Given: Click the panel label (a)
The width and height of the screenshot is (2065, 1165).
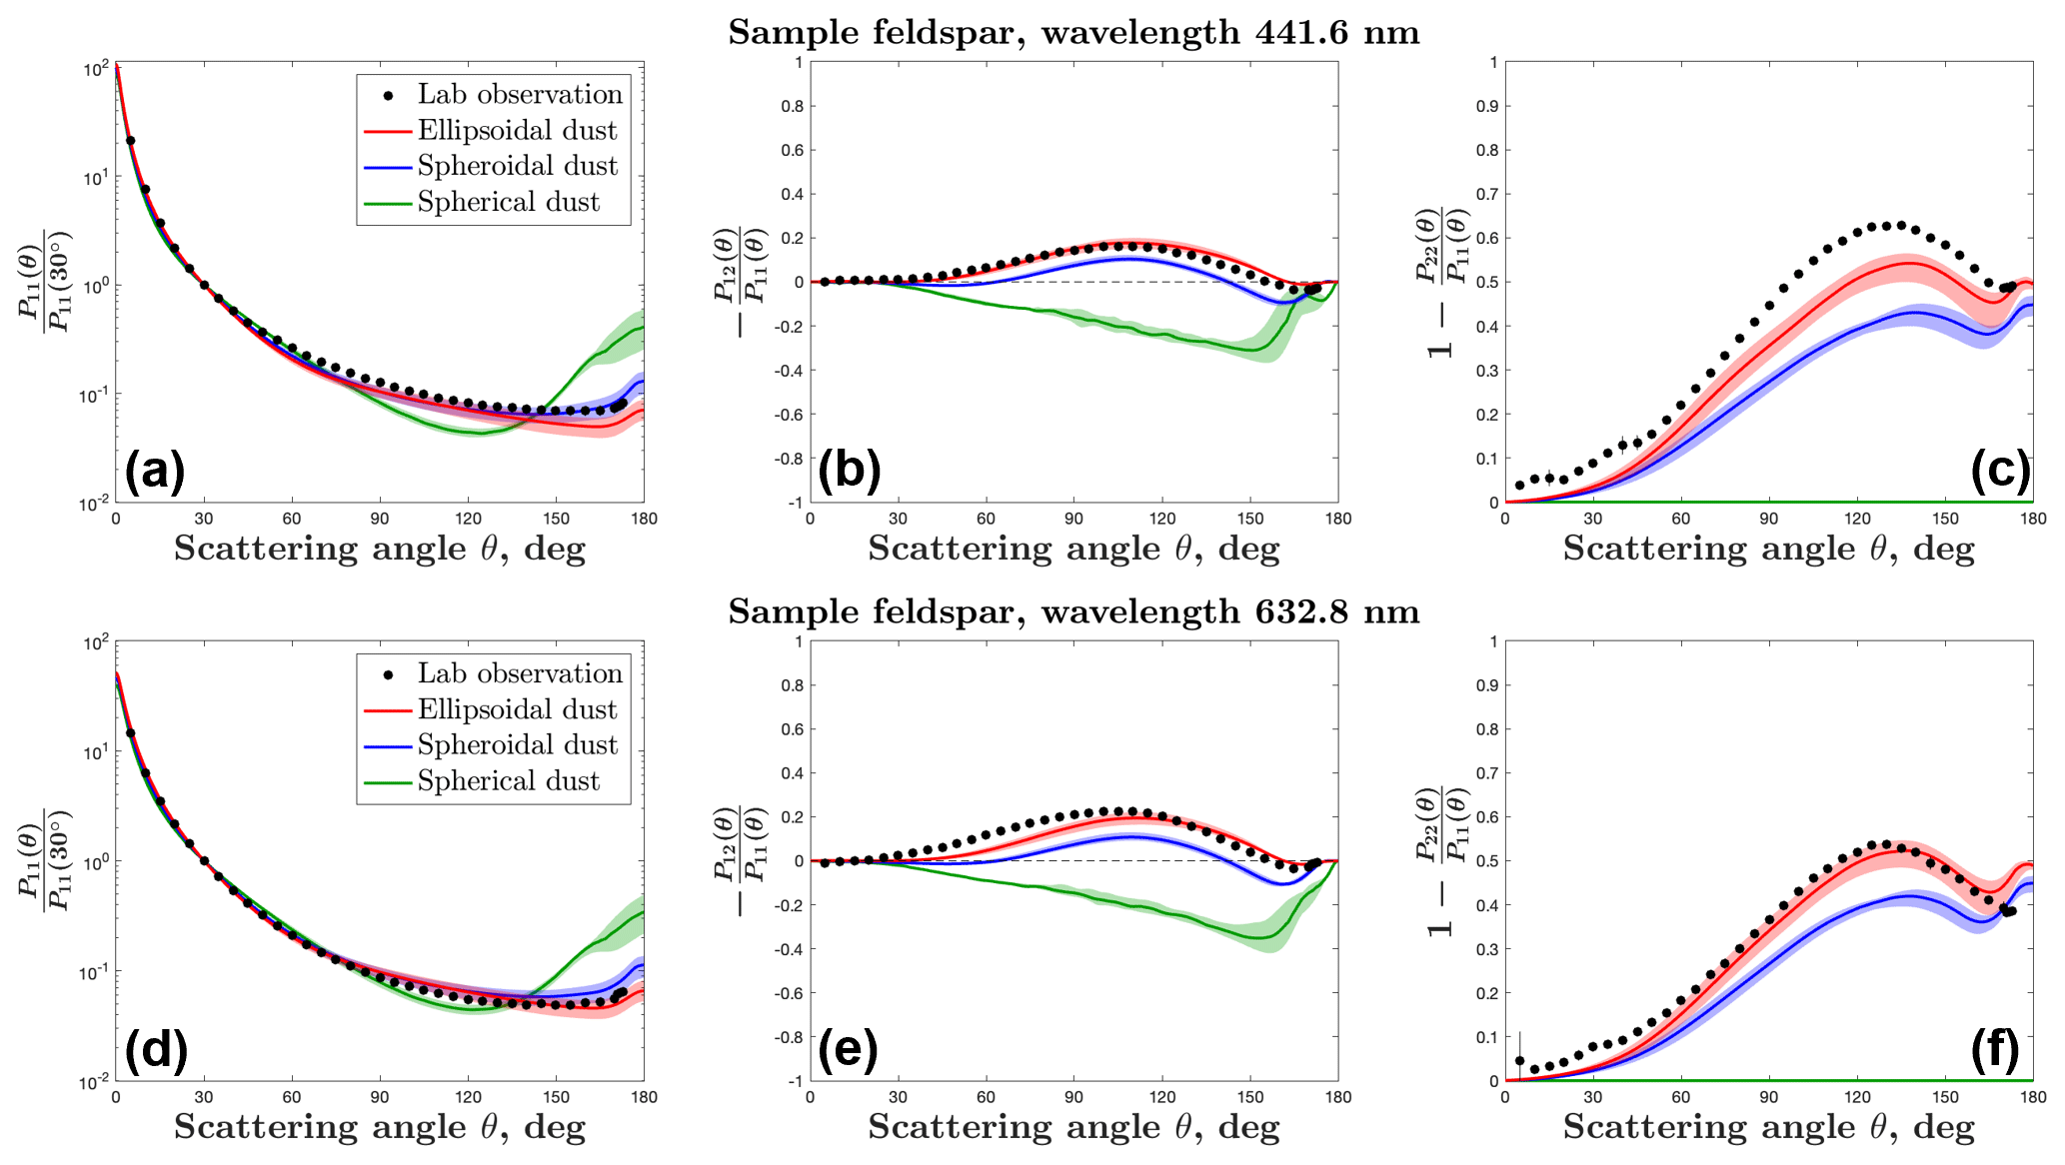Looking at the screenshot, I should tap(155, 471).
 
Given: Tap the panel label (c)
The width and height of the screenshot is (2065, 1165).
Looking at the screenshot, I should tap(2000, 471).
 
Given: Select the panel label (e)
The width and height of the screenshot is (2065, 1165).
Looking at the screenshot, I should tap(849, 1049).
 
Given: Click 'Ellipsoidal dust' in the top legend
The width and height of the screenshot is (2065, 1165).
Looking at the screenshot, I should tap(517, 130).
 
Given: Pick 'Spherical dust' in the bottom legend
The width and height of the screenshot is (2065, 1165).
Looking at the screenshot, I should tap(508, 780).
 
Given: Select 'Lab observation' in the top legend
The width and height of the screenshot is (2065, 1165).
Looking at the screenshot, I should tap(520, 94).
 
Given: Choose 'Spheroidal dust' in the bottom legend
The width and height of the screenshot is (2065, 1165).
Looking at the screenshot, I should tap(517, 744).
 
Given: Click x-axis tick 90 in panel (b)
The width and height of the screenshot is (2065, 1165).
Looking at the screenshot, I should tap(1073, 519).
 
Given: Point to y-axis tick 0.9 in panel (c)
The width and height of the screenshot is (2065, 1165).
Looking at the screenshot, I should tap(1487, 106).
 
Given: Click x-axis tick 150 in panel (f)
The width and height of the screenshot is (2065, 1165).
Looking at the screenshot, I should tap(1945, 1097).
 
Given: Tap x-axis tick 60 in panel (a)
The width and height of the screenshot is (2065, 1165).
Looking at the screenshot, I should tap(292, 519).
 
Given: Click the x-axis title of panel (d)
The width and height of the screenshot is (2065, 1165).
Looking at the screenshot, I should tap(380, 1127).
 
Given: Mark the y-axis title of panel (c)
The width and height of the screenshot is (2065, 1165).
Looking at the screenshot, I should tap(1442, 283).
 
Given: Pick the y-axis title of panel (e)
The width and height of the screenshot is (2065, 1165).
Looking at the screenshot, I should tap(741, 860).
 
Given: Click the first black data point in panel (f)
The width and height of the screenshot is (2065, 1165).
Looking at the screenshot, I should tap(1520, 1061).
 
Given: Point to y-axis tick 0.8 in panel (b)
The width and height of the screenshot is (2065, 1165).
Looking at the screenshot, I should tap(793, 106).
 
